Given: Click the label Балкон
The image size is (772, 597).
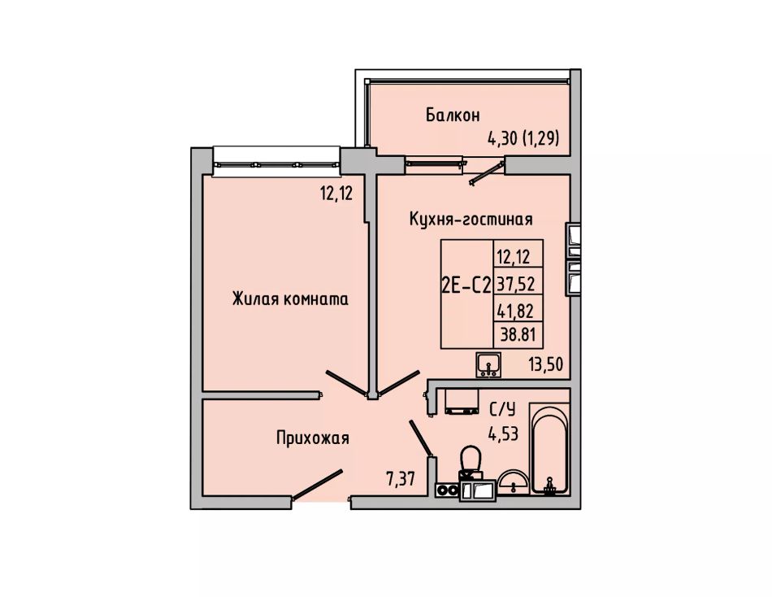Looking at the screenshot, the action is (453, 115).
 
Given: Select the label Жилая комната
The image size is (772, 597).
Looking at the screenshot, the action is (290, 298).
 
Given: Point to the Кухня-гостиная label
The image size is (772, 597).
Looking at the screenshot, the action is (471, 219).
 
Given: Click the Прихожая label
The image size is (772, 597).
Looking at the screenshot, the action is (313, 438).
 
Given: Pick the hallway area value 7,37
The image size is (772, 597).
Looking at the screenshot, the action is (401, 479).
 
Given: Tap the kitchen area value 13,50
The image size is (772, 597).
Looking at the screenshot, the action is (545, 364).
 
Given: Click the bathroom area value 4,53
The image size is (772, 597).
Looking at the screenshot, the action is (503, 434).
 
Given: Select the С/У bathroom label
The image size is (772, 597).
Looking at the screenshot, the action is (502, 409).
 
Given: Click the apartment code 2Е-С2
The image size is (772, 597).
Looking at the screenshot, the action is (466, 285).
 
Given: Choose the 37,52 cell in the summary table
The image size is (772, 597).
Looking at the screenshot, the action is (516, 284).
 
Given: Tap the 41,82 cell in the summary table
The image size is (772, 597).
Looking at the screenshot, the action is (516, 311).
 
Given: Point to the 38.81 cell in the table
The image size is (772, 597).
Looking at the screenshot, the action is (518, 335).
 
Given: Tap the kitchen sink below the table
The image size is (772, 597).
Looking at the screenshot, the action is (488, 365).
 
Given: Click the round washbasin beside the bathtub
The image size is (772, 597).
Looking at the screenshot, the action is (513, 482).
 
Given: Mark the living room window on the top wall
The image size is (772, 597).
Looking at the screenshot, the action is (276, 162).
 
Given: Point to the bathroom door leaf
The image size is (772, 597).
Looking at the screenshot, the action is (422, 438).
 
